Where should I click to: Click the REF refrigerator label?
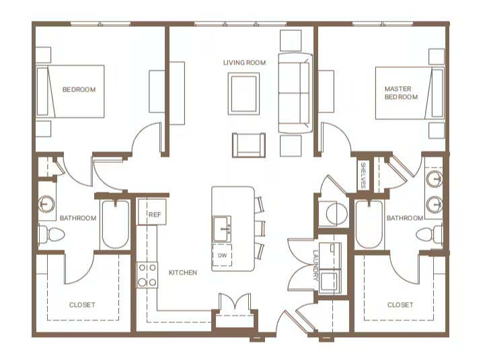coord(155,215)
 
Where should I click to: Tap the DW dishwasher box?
coord(222,255)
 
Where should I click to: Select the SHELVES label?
coord(363,175)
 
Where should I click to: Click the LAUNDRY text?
coord(316,265)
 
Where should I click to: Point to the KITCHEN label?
coord(183,273)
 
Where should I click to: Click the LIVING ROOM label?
coord(244,63)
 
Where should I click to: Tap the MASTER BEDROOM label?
coord(401,93)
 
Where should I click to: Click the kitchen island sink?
coord(222,229)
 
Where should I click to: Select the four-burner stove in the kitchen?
coord(147,275)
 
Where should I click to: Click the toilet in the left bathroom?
coord(51,234)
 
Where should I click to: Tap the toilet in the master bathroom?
coord(430,233)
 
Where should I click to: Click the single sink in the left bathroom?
coord(46,204)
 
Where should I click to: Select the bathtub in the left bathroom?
coord(115,224)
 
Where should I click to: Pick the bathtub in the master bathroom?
coord(369,224)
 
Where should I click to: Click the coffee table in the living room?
coord(243,94)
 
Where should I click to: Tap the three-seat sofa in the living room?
coord(295,93)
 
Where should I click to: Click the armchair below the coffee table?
coord(249,145)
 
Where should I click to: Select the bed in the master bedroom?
coord(410,93)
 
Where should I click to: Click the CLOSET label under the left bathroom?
coord(82,305)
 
